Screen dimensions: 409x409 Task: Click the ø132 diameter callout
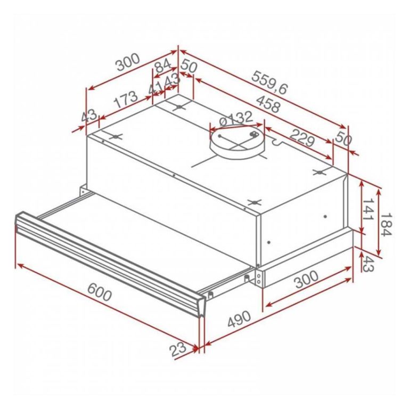[x=234, y=117]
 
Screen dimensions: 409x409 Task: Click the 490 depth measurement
[x=239, y=320]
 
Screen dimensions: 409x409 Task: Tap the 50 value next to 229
[x=343, y=141]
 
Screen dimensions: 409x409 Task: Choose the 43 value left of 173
[x=89, y=115]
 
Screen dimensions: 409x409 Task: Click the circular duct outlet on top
[x=236, y=142]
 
